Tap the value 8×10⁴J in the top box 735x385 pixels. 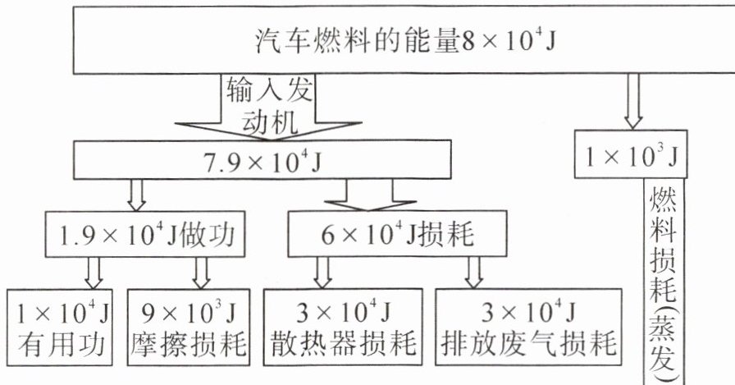pos(510,39)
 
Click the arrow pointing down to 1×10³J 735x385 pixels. pos(632,99)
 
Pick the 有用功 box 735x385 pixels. pos(61,326)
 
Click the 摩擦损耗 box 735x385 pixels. pos(189,326)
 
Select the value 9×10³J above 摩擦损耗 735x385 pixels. pos(189,312)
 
